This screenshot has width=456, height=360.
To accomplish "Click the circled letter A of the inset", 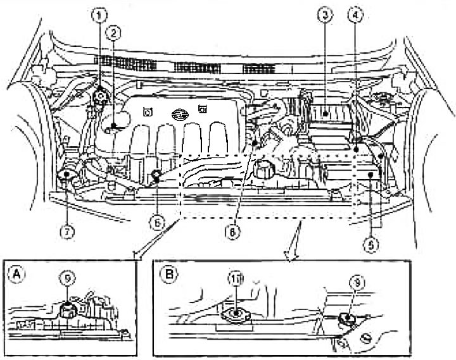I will pos(14,274).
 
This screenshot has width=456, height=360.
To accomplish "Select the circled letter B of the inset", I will pos(168,274).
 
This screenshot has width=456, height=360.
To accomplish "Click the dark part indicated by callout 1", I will pos(99,97).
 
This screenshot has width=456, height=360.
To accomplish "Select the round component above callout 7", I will pos(66,178).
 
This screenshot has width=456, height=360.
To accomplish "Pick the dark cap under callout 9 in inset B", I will pos(346,320).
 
